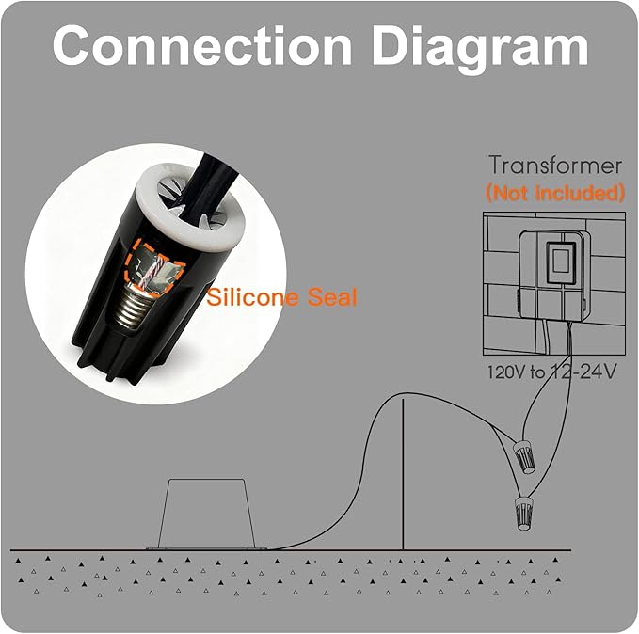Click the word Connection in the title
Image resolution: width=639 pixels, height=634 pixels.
[x=201, y=45]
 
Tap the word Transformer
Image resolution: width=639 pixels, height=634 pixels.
[x=555, y=166]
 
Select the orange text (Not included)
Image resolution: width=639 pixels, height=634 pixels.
[x=555, y=192]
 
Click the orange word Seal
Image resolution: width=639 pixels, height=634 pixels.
[x=332, y=296]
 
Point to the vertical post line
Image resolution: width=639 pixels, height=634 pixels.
[x=403, y=474]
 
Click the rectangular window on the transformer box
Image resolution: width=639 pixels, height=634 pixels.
[x=561, y=262]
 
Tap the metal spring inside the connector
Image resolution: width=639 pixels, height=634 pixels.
[x=134, y=307]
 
